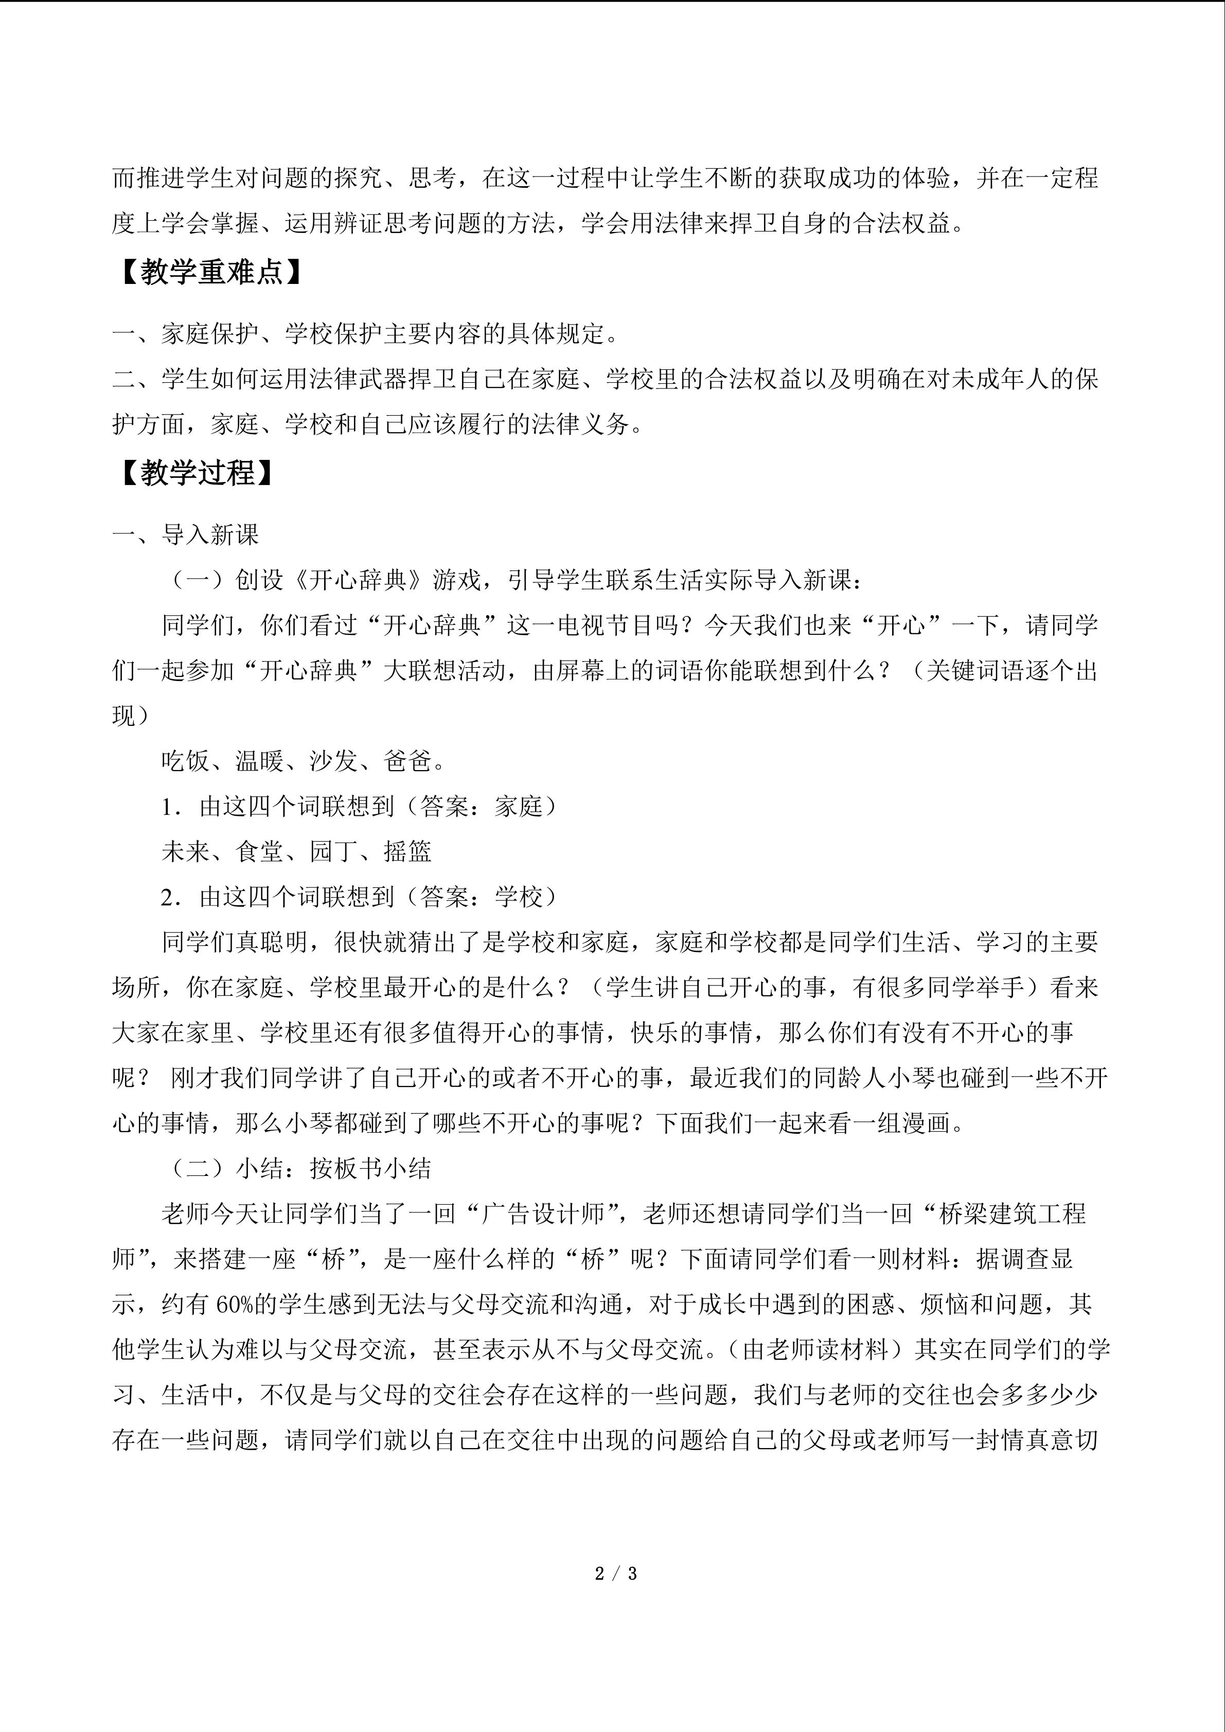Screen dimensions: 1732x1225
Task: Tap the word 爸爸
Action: point(407,761)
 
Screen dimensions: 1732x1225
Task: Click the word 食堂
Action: point(259,852)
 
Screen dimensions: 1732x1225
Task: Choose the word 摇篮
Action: point(407,852)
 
